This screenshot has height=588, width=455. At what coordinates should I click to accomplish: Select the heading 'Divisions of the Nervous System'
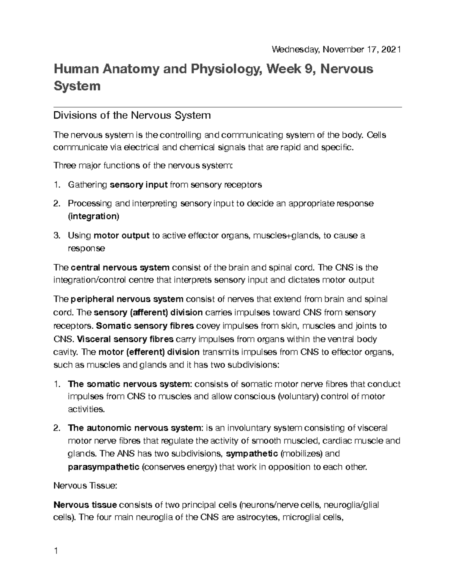pyautogui.click(x=132, y=115)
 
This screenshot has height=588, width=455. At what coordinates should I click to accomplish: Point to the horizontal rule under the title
pyautogui.click(x=227, y=108)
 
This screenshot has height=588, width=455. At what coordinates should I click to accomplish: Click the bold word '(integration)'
pyautogui.click(x=93, y=217)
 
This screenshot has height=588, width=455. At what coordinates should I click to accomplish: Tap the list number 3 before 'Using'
pyautogui.click(x=56, y=236)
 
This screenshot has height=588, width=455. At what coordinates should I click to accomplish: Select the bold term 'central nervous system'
pyautogui.click(x=120, y=268)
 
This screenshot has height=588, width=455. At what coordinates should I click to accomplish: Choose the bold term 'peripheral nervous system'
pyautogui.click(x=127, y=299)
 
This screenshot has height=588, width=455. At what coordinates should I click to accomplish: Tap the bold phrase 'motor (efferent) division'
pyautogui.click(x=149, y=352)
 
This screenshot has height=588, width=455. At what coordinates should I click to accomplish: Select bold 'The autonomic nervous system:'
pyautogui.click(x=135, y=428)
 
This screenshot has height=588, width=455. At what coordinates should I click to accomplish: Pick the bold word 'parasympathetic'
pyautogui.click(x=104, y=467)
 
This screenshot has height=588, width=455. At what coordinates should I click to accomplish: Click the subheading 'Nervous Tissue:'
pyautogui.click(x=86, y=486)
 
